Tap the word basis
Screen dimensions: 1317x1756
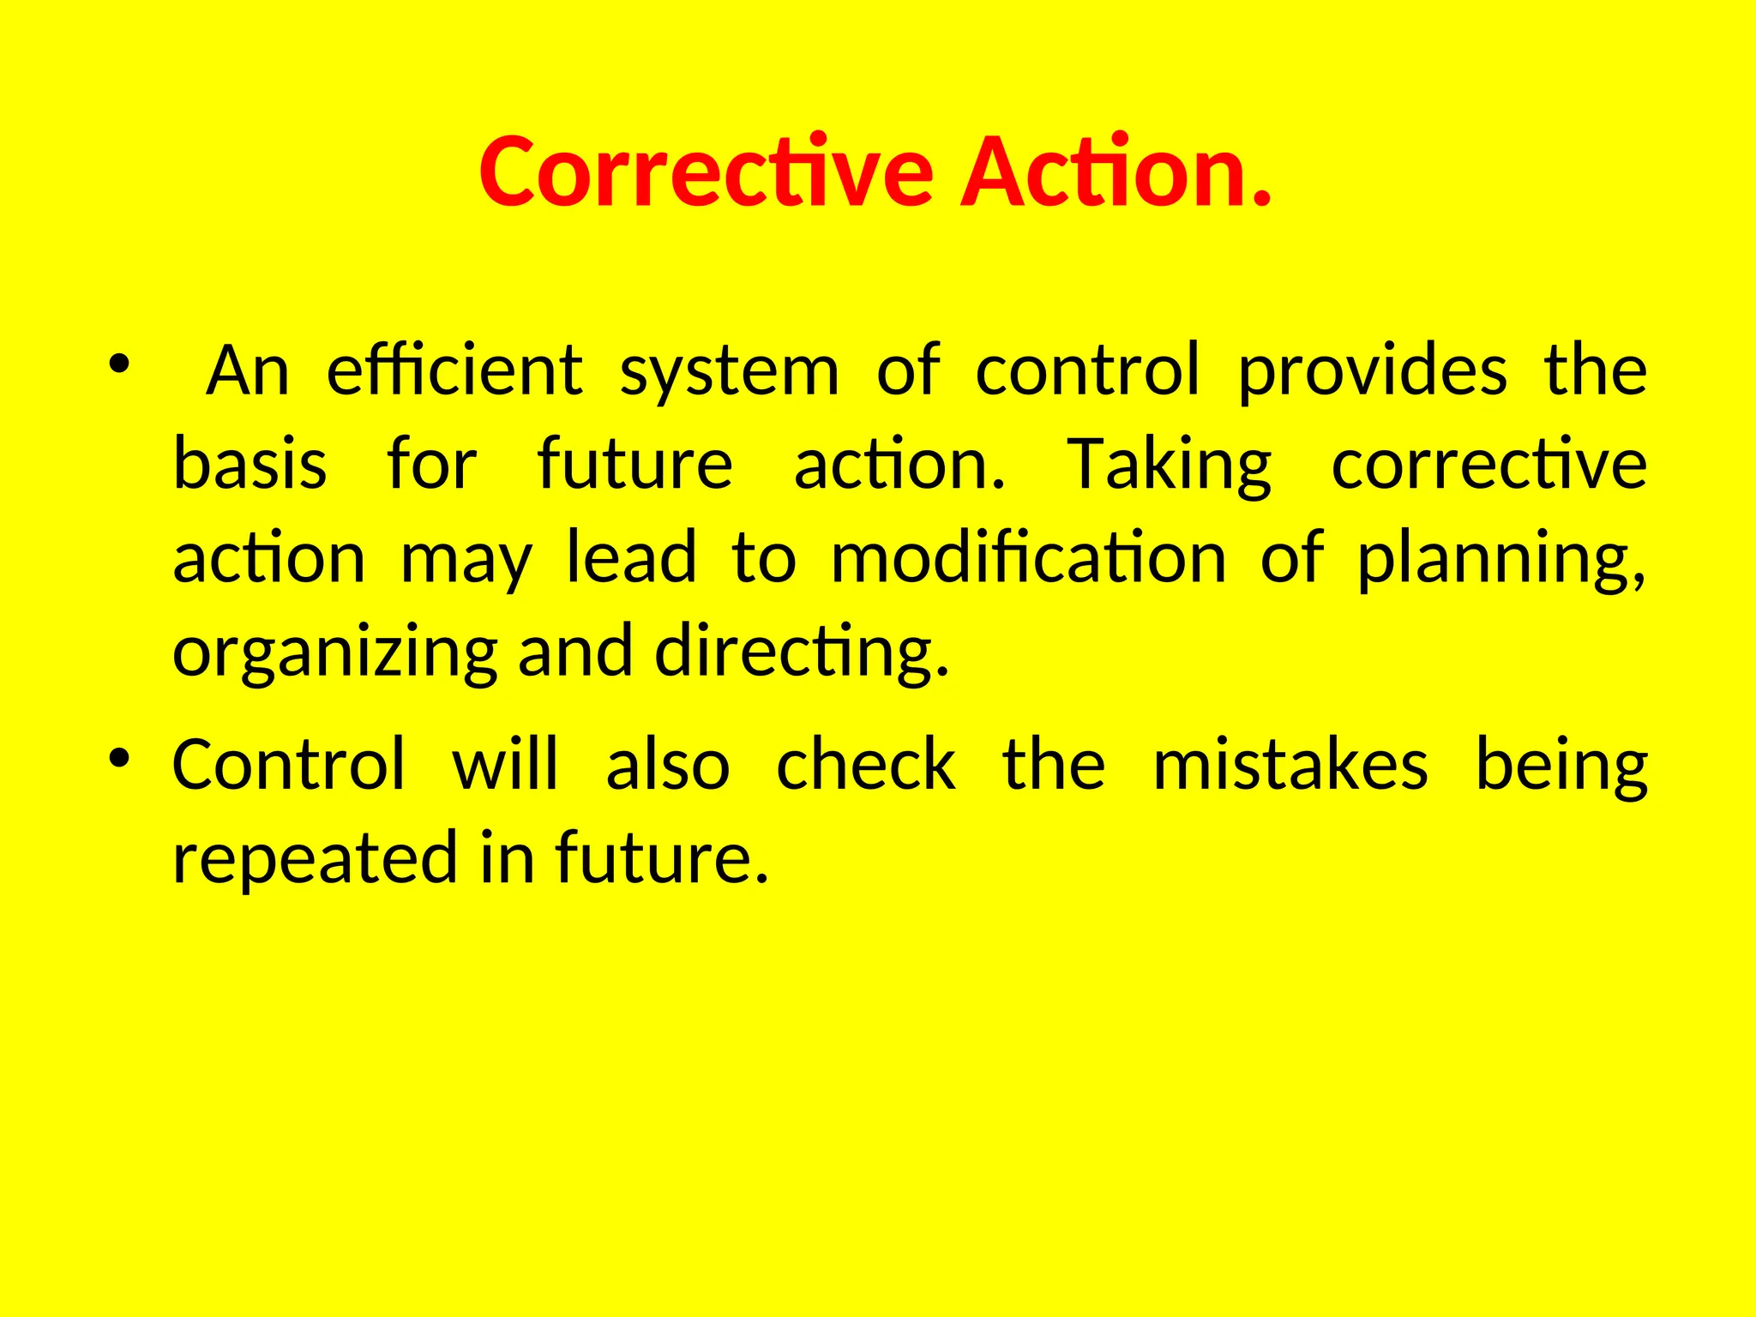coord(250,464)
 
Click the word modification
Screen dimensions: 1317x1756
coord(1028,558)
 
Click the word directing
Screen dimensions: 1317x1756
coord(802,653)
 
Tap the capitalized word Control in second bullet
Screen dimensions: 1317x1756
coord(289,764)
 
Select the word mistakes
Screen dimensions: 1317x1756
coord(1290,764)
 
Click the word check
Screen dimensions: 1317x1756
coord(866,764)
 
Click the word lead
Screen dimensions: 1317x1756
coord(632,558)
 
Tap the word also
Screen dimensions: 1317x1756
coord(668,764)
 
